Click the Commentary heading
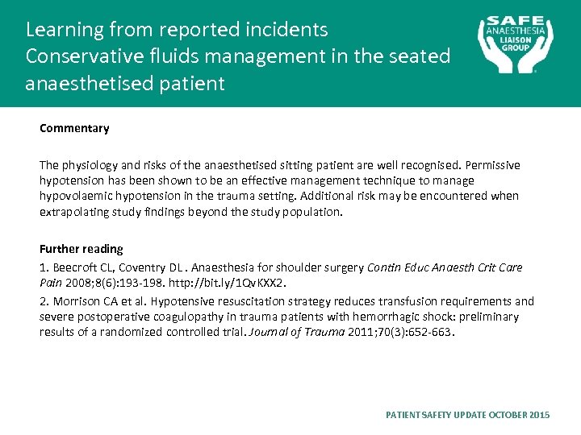pos(74,128)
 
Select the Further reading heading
pos(82,249)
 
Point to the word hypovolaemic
pos(74,196)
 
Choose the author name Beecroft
pos(71,267)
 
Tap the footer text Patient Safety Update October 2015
pos(468,414)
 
